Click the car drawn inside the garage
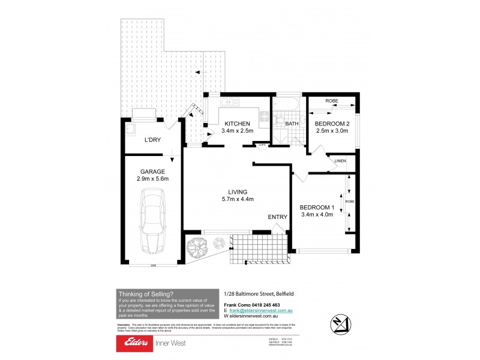[x=152, y=222]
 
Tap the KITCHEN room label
[x=237, y=124]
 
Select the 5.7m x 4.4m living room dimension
[x=237, y=199]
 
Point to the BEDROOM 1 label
[x=316, y=208]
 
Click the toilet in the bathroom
[x=278, y=121]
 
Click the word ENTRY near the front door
[x=277, y=217]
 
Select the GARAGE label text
[x=152, y=170]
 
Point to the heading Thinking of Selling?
[x=146, y=293]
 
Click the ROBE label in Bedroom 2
[x=332, y=101]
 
